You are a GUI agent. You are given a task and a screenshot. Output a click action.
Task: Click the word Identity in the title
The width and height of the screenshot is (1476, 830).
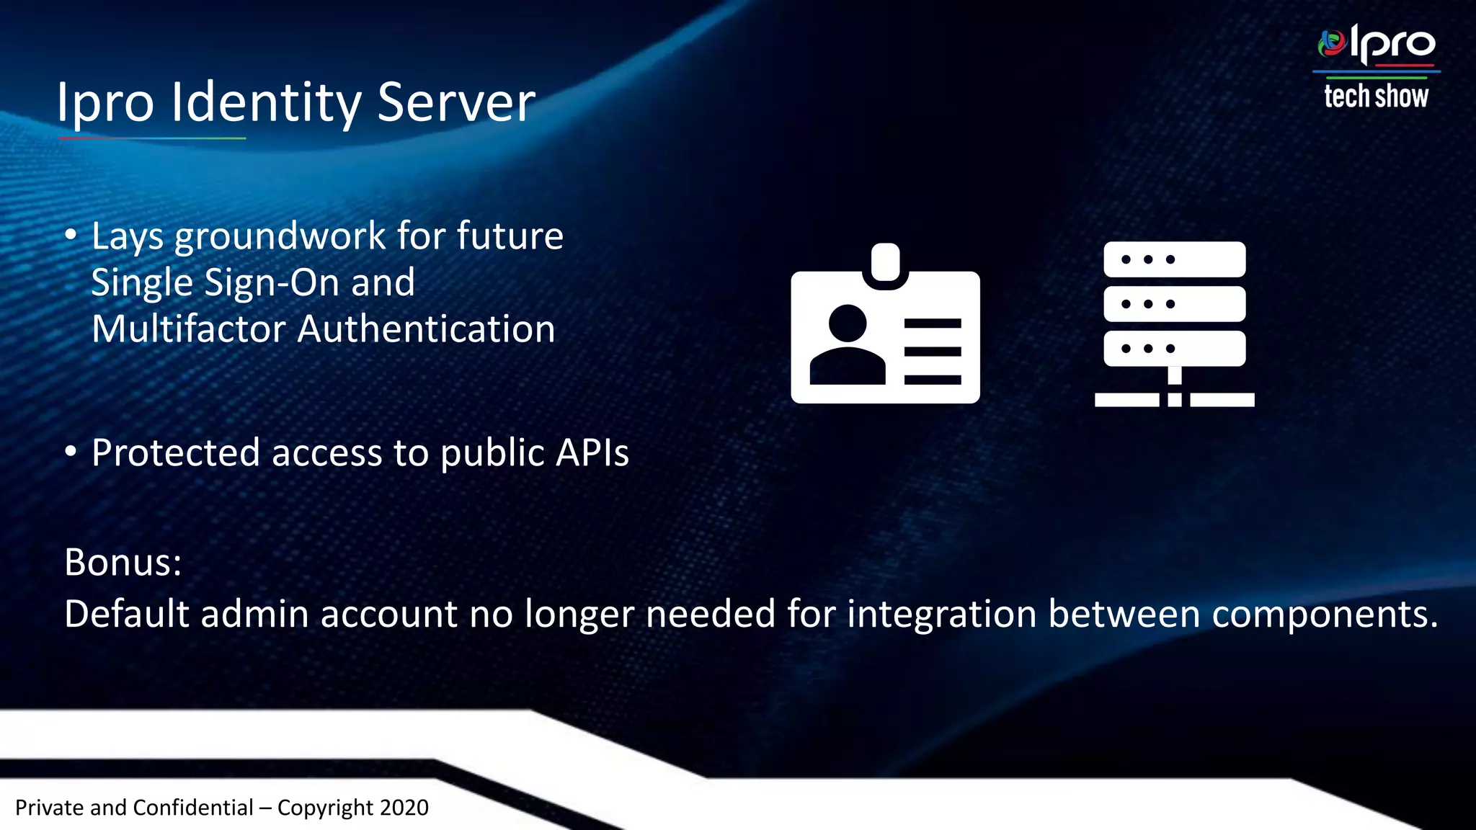266,102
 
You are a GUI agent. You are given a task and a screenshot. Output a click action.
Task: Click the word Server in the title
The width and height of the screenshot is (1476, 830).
456,102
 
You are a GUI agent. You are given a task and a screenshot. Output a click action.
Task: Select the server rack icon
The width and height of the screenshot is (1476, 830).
1174,324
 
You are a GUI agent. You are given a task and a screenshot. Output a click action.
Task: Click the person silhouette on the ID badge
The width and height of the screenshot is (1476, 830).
848,345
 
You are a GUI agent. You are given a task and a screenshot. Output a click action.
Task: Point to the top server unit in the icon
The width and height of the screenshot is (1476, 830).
1174,259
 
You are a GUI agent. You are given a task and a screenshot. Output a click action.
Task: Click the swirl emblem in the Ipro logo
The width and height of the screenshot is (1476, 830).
1332,44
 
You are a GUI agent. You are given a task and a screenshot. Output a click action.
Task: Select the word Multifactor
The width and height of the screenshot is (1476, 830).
189,329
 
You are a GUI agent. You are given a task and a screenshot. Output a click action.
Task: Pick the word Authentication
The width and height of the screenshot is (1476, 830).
426,329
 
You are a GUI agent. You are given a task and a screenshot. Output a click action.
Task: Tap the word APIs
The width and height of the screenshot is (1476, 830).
593,453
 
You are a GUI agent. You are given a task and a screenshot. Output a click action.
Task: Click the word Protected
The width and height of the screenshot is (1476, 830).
176,453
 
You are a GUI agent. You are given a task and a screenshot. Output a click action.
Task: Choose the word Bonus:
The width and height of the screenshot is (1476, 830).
123,562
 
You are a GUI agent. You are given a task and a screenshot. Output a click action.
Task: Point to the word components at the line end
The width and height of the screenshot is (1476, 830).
1325,615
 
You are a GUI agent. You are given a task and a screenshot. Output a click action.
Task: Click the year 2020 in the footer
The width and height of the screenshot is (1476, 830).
404,808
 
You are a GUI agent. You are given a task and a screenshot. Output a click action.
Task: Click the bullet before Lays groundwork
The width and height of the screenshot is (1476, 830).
71,235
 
